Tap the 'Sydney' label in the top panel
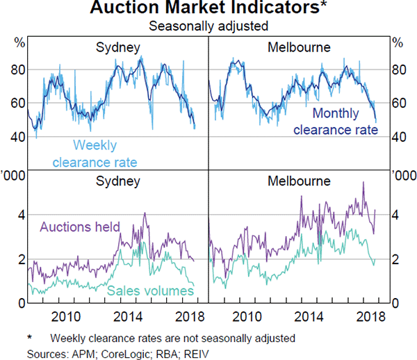coord(118,48)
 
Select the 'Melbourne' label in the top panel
coord(299,48)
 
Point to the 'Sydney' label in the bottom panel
coord(118,182)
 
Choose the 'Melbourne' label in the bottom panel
coord(299,182)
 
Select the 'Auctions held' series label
coord(80,227)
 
